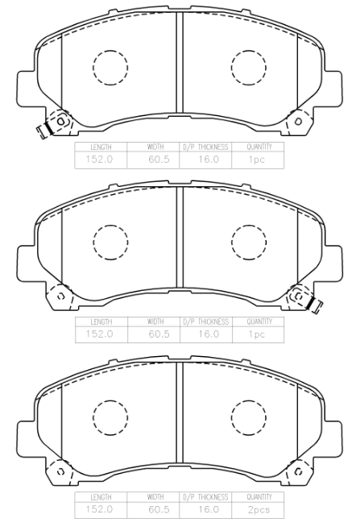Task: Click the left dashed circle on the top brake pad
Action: point(93,68)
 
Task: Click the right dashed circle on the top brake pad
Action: point(231,68)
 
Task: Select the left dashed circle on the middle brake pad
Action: point(93,243)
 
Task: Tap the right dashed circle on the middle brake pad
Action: point(231,243)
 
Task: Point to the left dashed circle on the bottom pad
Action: point(93,417)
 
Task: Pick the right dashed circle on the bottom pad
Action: point(231,417)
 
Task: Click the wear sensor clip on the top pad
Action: point(44,130)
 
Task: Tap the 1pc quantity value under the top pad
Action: point(257,160)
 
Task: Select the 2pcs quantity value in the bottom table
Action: point(259,510)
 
